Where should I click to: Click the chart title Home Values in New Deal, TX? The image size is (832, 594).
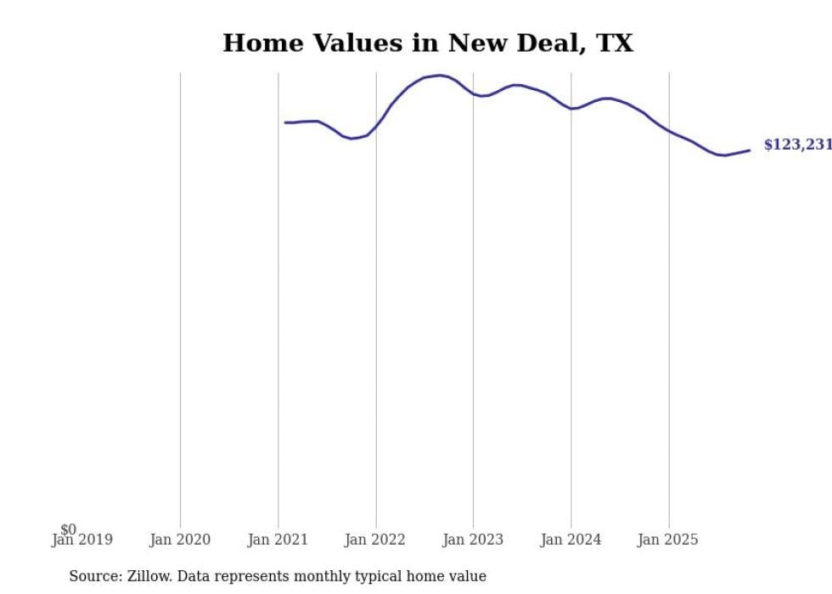428,43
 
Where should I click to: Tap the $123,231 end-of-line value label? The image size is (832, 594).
797,144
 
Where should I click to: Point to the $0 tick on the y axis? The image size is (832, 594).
68,529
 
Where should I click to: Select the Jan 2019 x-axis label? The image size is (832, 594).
82,540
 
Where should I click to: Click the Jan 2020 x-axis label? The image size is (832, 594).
180,540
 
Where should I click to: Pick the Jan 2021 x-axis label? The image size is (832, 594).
278,540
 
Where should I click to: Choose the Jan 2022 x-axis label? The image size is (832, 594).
375,540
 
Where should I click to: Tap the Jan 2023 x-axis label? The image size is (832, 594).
473,540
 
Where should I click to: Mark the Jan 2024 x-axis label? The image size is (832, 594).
571,540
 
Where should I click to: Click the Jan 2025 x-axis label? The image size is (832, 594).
668,540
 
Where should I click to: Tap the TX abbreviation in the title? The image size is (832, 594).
614,43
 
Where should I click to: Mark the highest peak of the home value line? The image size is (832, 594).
439,76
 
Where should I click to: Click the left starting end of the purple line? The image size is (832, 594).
285,122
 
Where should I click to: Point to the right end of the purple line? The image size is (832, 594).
750,150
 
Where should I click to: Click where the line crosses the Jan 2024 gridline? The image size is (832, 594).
571,109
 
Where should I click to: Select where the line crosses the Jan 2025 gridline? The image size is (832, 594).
669,131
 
